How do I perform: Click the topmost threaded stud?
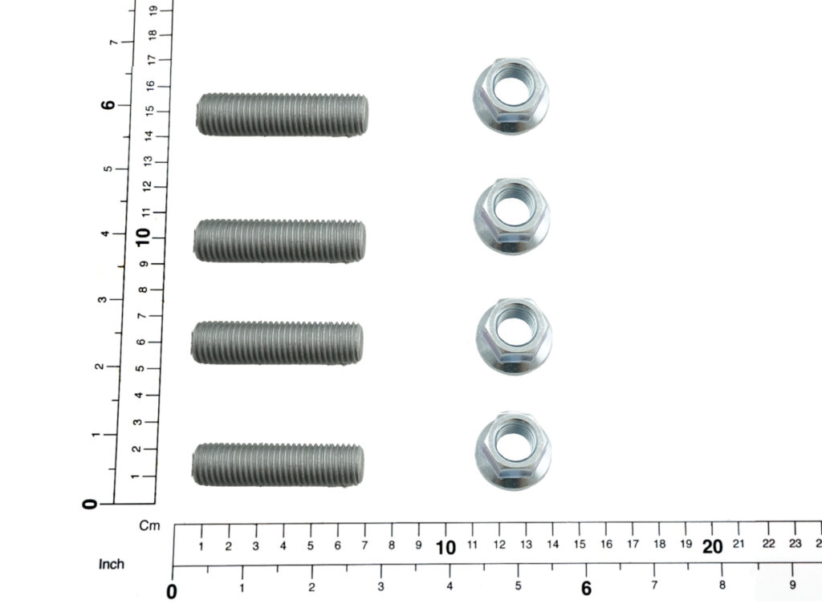click(x=282, y=115)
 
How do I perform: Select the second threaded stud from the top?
click(x=279, y=241)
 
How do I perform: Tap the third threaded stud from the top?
click(x=277, y=342)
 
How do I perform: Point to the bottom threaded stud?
click(x=277, y=464)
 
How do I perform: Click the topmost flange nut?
click(x=511, y=96)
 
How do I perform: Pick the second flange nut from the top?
click(x=512, y=216)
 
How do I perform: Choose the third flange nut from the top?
click(x=514, y=336)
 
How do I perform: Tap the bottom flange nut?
click(x=513, y=451)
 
